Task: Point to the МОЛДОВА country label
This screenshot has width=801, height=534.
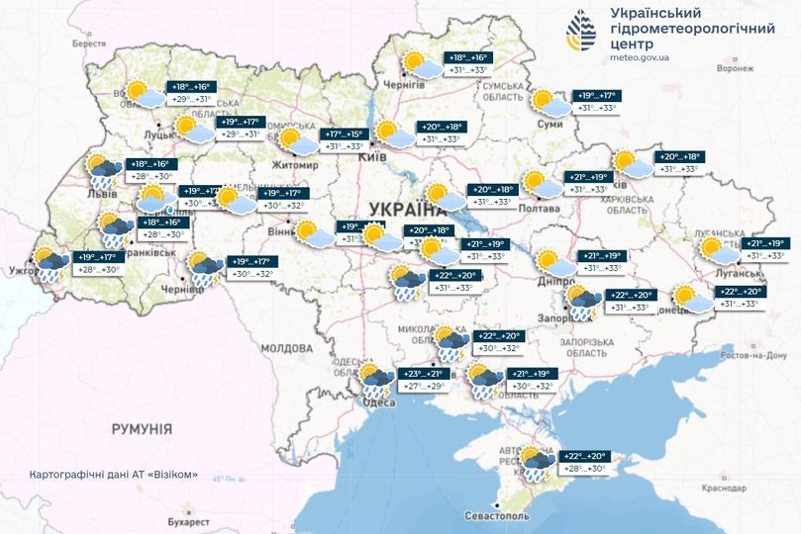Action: pos(286,349)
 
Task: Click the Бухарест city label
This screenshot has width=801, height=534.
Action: pos(188,520)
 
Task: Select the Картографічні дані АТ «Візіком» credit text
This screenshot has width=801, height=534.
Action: pos(114,474)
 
